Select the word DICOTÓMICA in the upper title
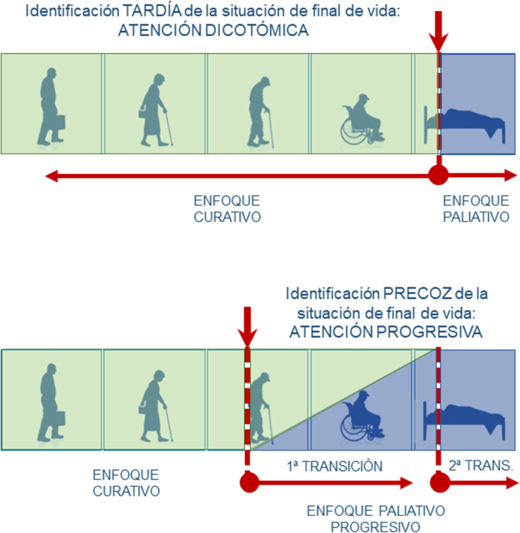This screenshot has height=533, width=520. (x=257, y=30)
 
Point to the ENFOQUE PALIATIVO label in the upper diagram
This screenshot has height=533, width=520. (x=476, y=209)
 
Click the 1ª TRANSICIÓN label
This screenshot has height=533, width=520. (x=335, y=466)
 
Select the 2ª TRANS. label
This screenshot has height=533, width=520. (x=481, y=466)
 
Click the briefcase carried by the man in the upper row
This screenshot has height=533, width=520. (x=61, y=122)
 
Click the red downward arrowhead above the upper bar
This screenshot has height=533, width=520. (x=438, y=42)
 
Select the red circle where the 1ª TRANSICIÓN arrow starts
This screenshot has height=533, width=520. (x=249, y=483)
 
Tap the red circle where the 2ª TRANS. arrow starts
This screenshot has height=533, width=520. (x=440, y=483)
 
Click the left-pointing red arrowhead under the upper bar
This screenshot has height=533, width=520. (x=52, y=176)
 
